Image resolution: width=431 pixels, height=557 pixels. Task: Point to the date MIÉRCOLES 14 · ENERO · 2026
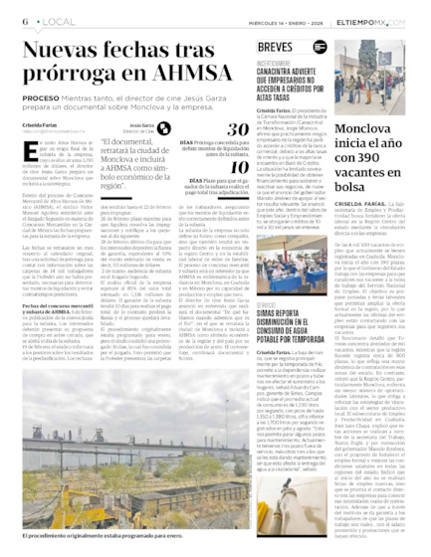309,22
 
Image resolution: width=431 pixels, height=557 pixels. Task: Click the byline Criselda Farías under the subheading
40,124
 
